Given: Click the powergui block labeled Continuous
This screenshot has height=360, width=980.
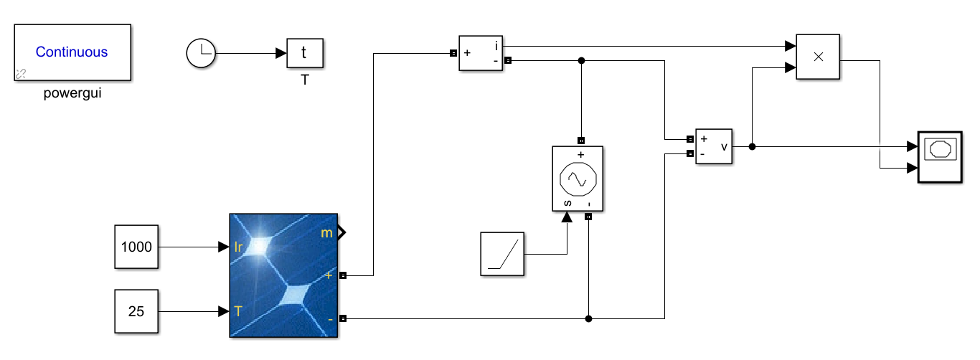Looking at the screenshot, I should pyautogui.click(x=72, y=52).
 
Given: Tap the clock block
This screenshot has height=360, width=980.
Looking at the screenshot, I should pyautogui.click(x=200, y=53).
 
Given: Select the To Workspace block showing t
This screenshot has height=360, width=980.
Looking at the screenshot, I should pyautogui.click(x=304, y=53).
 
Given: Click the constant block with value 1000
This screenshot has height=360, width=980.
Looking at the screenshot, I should pyautogui.click(x=136, y=247).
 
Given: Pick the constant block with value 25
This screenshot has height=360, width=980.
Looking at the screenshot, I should pyautogui.click(x=136, y=311).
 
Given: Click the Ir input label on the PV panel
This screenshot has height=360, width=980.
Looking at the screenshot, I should pyautogui.click(x=240, y=247).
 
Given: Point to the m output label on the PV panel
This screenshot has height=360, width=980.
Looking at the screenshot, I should pyautogui.click(x=326, y=232).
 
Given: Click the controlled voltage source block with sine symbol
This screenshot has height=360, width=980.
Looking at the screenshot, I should pyautogui.click(x=577, y=179).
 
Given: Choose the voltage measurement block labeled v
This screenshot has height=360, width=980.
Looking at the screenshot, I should pyautogui.click(x=714, y=146).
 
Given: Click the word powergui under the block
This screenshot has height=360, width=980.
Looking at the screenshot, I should pyautogui.click(x=72, y=93).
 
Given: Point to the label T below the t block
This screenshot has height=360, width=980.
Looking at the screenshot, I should pyautogui.click(x=305, y=80).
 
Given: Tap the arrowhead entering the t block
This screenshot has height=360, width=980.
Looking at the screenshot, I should pyautogui.click(x=281, y=53).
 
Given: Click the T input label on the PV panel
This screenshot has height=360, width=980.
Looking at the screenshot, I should pyautogui.click(x=238, y=311).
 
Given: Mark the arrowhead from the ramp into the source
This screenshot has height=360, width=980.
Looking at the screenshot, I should pyautogui.click(x=567, y=217).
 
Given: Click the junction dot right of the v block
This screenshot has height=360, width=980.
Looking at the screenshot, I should pyautogui.click(x=752, y=146).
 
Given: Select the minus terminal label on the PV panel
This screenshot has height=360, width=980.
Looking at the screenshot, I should pyautogui.click(x=329, y=318).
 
